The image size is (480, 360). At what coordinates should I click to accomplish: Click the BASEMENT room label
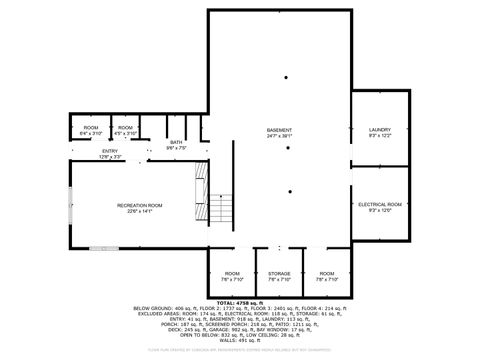point(279,130)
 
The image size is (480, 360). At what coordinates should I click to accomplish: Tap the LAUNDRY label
point(379,129)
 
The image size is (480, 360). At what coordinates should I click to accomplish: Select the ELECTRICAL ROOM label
point(379,204)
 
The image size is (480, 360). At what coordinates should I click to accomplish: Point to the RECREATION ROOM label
point(140,204)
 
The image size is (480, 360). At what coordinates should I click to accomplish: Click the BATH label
point(176,142)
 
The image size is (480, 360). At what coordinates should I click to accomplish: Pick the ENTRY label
point(81,150)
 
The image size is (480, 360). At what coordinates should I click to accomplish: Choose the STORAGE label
point(279,273)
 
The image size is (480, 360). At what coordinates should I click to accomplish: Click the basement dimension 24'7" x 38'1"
point(279,136)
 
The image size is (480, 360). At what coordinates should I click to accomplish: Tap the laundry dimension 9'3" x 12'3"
point(379,135)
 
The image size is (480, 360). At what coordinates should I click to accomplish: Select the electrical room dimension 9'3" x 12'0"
point(379,210)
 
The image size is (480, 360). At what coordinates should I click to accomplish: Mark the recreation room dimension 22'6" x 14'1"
point(140,210)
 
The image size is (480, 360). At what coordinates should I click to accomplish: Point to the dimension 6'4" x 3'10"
point(91,134)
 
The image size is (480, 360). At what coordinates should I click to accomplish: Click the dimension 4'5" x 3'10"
point(125,134)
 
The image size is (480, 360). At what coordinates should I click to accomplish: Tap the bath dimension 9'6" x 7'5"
point(176,148)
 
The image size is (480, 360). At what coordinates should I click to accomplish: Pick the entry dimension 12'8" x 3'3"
point(81,156)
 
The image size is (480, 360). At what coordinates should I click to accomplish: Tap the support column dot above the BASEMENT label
point(286,77)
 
